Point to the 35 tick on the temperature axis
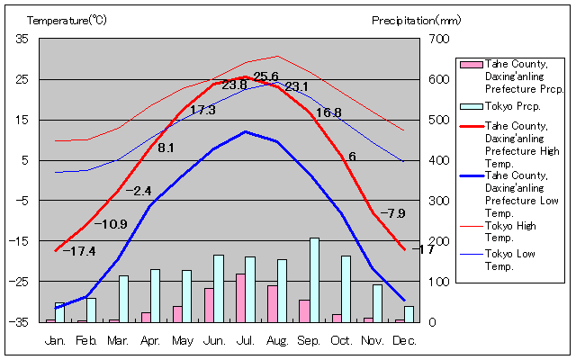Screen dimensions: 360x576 click(x=22, y=39)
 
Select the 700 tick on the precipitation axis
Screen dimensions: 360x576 click(x=438, y=39)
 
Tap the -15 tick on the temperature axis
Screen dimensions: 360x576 click(x=19, y=241)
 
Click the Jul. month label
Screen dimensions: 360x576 click(x=245, y=340)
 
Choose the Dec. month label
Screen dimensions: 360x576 click(x=404, y=340)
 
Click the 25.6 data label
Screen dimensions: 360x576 click(x=265, y=76)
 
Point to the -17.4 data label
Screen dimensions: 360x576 click(x=79, y=251)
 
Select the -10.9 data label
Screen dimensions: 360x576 click(x=111, y=224)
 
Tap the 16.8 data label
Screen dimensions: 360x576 click(x=328, y=112)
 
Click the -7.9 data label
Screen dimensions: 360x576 click(x=392, y=213)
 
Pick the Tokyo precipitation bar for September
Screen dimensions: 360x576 click(x=314, y=280)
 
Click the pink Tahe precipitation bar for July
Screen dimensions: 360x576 click(x=240, y=298)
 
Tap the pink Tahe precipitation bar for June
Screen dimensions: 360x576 click(x=209, y=305)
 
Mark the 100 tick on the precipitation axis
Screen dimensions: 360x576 click(x=438, y=282)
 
